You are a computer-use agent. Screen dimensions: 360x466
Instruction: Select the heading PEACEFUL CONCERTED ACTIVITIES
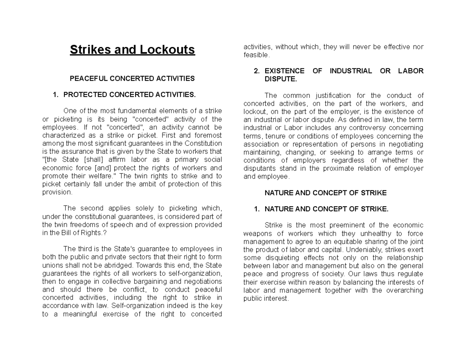click(x=132, y=78)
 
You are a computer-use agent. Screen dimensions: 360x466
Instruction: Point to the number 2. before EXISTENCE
click(x=256, y=71)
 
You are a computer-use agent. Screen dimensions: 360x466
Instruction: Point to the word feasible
click(x=256, y=55)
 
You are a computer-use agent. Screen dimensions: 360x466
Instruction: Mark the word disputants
click(x=259, y=169)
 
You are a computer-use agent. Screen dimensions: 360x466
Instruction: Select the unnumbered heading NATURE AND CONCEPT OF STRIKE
click(x=325, y=193)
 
